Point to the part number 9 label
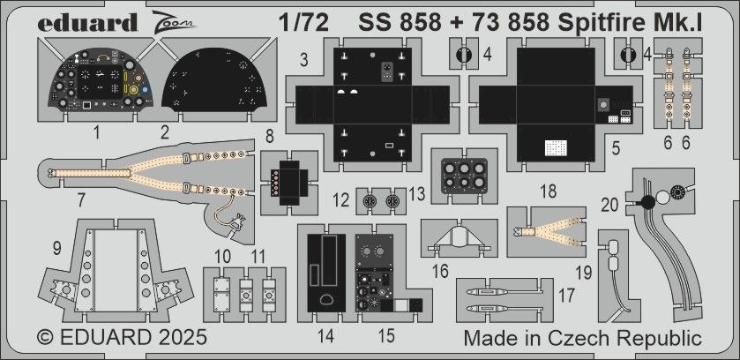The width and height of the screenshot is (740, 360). pos(56,249)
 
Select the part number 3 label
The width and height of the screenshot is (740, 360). pos(303,60)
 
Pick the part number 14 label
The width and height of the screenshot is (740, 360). pos(326,334)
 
